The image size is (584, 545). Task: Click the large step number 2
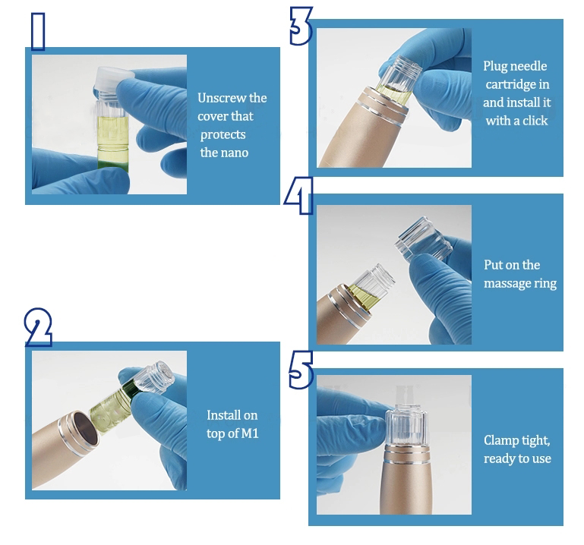pos(38,327)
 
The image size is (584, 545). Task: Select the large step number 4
pos(298,195)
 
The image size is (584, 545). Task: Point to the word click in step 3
pos(534,121)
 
